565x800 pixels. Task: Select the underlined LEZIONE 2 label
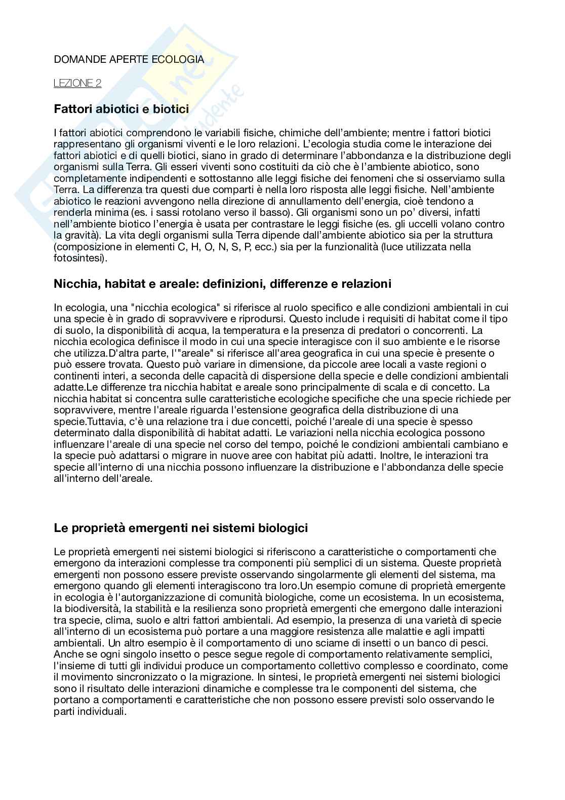(77, 83)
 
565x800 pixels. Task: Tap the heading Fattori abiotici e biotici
(121, 109)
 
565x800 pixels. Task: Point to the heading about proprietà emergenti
(181, 528)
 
